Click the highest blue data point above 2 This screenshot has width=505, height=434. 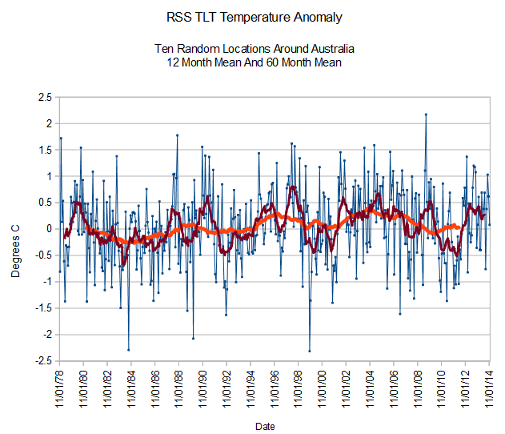click(x=426, y=114)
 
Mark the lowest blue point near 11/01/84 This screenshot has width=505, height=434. click(x=129, y=350)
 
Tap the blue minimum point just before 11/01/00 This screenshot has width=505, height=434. click(x=310, y=351)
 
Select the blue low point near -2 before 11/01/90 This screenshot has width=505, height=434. click(x=193, y=338)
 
